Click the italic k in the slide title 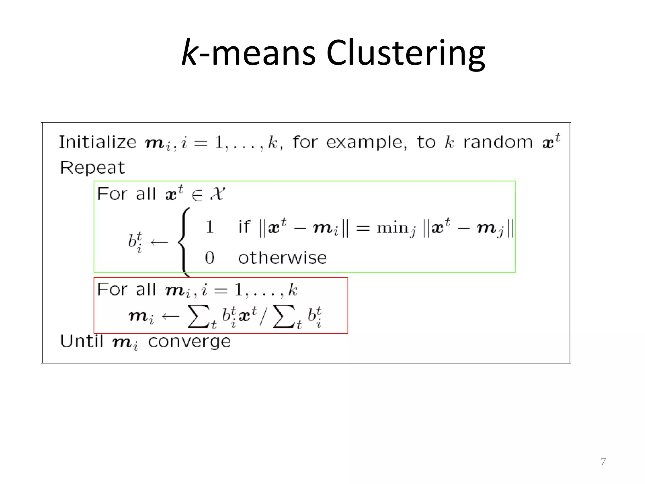point(190,53)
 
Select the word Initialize point(98,142)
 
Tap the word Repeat point(92,167)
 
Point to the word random point(498,142)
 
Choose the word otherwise point(283,258)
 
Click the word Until point(82,341)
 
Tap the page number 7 point(603,461)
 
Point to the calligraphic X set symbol point(217,193)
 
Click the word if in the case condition point(244,227)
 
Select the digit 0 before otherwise point(210,258)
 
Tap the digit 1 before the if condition point(210,227)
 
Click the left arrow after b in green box point(159,242)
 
